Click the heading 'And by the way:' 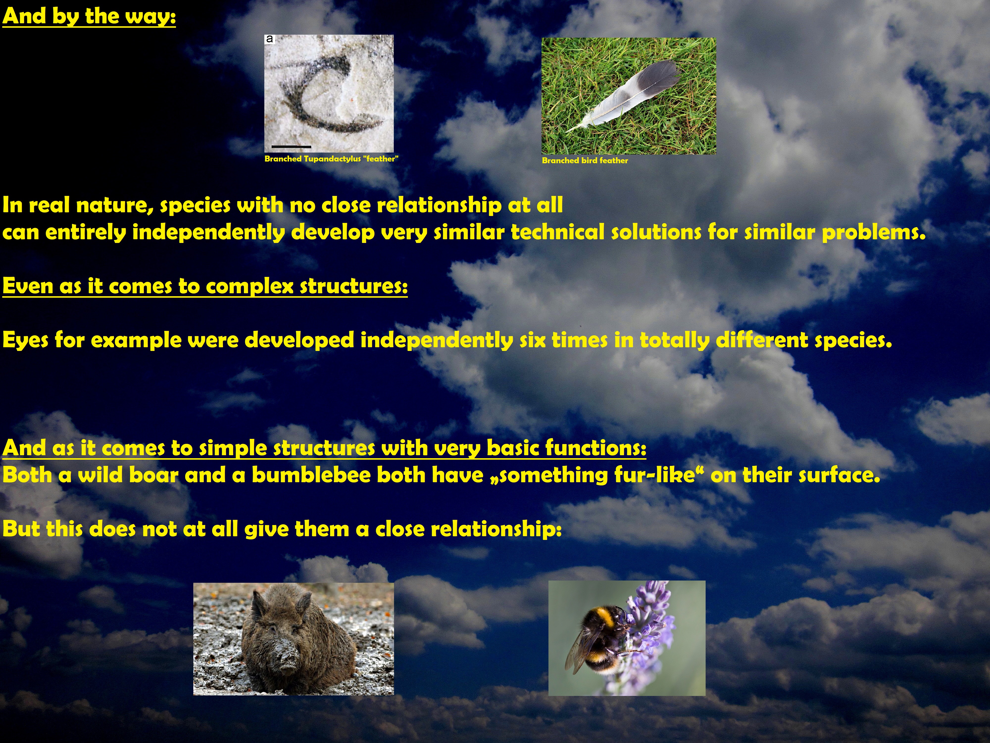[x=89, y=17]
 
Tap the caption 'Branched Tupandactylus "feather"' [x=331, y=159]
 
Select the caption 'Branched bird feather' [x=585, y=160]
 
